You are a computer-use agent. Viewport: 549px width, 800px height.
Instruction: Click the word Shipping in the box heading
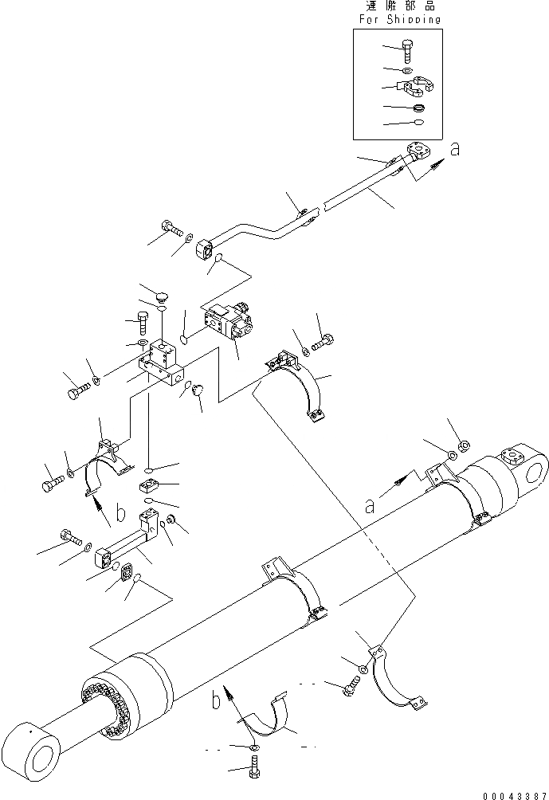[413, 19]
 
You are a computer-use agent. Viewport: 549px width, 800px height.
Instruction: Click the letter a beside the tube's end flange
[454, 149]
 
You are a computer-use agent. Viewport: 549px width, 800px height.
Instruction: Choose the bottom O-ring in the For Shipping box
[418, 122]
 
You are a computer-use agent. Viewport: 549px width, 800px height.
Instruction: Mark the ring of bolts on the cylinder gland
[108, 693]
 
